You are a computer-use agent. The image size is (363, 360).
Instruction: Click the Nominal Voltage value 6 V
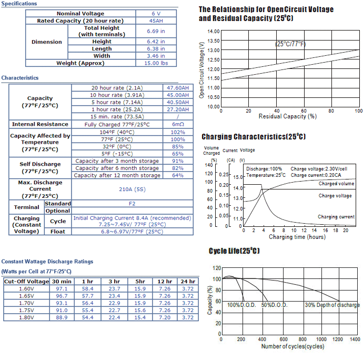pyautogui.click(x=156, y=14)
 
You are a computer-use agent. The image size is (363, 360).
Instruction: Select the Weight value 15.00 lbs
pyautogui.click(x=156, y=63)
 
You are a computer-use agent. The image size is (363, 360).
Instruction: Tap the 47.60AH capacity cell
pyautogui.click(x=178, y=88)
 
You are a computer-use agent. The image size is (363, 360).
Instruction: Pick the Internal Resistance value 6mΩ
pyautogui.click(x=178, y=124)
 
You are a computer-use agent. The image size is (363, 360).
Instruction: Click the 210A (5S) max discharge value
pyautogui.click(x=132, y=189)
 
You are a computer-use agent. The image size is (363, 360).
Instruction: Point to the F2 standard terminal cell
pyautogui.click(x=132, y=204)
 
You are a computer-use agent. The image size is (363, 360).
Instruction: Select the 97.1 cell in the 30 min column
pyautogui.click(x=62, y=288)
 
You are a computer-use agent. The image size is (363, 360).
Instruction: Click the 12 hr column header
pyautogui.click(x=165, y=282)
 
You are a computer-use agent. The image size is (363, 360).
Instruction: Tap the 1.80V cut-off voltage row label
pyautogui.click(x=26, y=317)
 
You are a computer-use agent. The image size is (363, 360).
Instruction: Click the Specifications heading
pyautogui.click(x=19, y=4)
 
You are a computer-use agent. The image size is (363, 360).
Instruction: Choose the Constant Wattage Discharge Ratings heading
pyautogui.click(x=47, y=262)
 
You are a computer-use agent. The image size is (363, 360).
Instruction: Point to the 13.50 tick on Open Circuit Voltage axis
pyautogui.click(x=213, y=41)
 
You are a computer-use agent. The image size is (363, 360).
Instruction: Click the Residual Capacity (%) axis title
pyautogui.click(x=288, y=116)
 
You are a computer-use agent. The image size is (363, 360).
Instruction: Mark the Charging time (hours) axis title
pyautogui.click(x=297, y=237)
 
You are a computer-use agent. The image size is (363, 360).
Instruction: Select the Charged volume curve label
pyautogui.click(x=336, y=184)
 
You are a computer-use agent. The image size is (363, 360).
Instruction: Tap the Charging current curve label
pyautogui.click(x=336, y=217)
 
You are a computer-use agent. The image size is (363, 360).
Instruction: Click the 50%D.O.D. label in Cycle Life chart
pyautogui.click(x=274, y=305)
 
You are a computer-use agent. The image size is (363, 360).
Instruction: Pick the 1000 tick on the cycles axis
pyautogui.click(x=321, y=339)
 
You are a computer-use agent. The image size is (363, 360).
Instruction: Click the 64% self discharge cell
pyautogui.click(x=178, y=175)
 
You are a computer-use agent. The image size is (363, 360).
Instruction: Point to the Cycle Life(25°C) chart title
pyautogui.click(x=234, y=251)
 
